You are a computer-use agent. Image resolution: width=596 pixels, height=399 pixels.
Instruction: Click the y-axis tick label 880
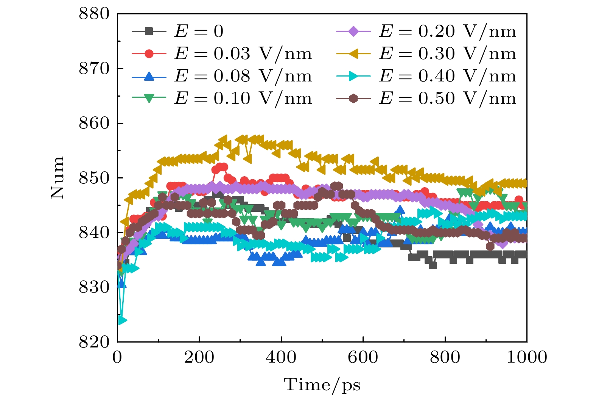click(94, 14)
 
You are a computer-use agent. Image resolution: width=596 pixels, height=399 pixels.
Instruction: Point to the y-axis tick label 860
click(94, 124)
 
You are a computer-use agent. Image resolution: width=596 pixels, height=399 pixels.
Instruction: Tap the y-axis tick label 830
click(94, 288)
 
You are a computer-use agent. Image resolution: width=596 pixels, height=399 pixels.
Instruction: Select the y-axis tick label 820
click(94, 342)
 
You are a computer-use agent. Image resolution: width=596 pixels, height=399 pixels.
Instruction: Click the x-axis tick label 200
click(199, 357)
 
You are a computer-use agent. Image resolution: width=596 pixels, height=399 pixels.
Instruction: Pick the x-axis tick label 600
click(363, 357)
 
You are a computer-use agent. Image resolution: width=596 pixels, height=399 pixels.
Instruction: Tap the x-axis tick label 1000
click(527, 357)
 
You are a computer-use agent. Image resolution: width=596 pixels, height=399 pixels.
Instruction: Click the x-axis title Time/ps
click(322, 385)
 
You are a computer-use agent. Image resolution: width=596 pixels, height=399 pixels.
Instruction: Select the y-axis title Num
click(58, 177)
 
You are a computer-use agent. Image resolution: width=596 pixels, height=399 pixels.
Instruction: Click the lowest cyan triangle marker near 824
click(122, 321)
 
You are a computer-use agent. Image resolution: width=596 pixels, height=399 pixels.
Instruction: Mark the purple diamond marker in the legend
click(353, 31)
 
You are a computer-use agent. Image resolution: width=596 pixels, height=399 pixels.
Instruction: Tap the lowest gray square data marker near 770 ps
click(433, 265)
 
